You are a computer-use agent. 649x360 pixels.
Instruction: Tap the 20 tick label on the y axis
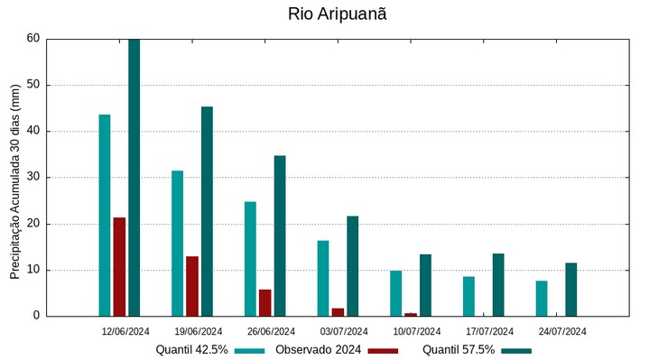(x=33, y=224)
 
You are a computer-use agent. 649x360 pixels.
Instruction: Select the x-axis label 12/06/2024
(x=125, y=331)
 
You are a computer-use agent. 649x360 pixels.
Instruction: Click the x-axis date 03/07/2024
(x=344, y=331)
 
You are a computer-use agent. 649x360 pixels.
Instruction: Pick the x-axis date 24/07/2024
(x=562, y=331)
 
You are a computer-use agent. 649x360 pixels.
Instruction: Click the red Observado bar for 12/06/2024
(x=119, y=266)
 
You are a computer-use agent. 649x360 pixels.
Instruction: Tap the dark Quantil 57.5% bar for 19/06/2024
(x=207, y=211)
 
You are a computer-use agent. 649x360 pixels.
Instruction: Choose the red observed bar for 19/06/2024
(x=192, y=286)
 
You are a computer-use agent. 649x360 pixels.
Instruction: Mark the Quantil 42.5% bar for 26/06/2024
(x=250, y=258)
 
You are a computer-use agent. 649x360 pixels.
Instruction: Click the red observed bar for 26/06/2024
(x=264, y=302)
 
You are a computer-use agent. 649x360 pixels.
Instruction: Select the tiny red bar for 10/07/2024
(x=411, y=314)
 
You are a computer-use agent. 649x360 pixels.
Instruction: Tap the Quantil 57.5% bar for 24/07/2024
(x=570, y=289)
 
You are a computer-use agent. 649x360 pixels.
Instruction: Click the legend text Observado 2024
(x=318, y=349)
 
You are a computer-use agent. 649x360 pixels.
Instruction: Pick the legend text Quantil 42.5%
(x=191, y=349)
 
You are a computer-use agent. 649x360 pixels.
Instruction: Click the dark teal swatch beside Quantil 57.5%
(x=516, y=350)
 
